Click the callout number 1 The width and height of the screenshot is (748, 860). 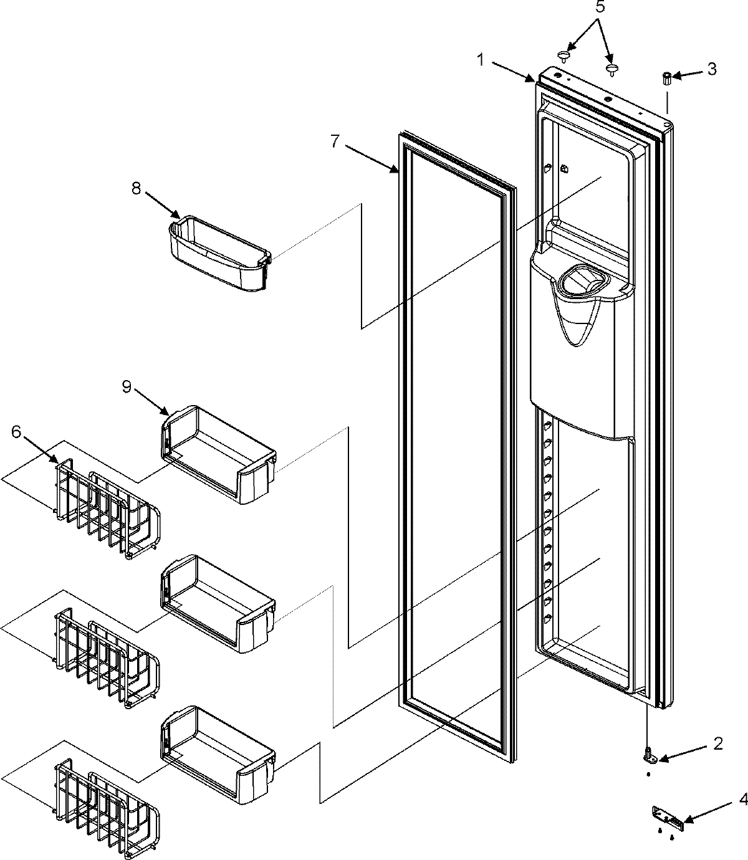[481, 60]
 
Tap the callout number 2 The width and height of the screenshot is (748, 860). [717, 743]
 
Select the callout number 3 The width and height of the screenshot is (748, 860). [712, 68]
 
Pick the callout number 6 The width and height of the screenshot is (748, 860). [16, 431]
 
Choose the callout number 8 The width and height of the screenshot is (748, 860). [136, 189]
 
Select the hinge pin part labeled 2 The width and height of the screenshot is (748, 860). [649, 755]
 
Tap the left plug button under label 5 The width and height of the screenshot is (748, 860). [564, 57]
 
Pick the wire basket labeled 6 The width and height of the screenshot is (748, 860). [106, 508]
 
